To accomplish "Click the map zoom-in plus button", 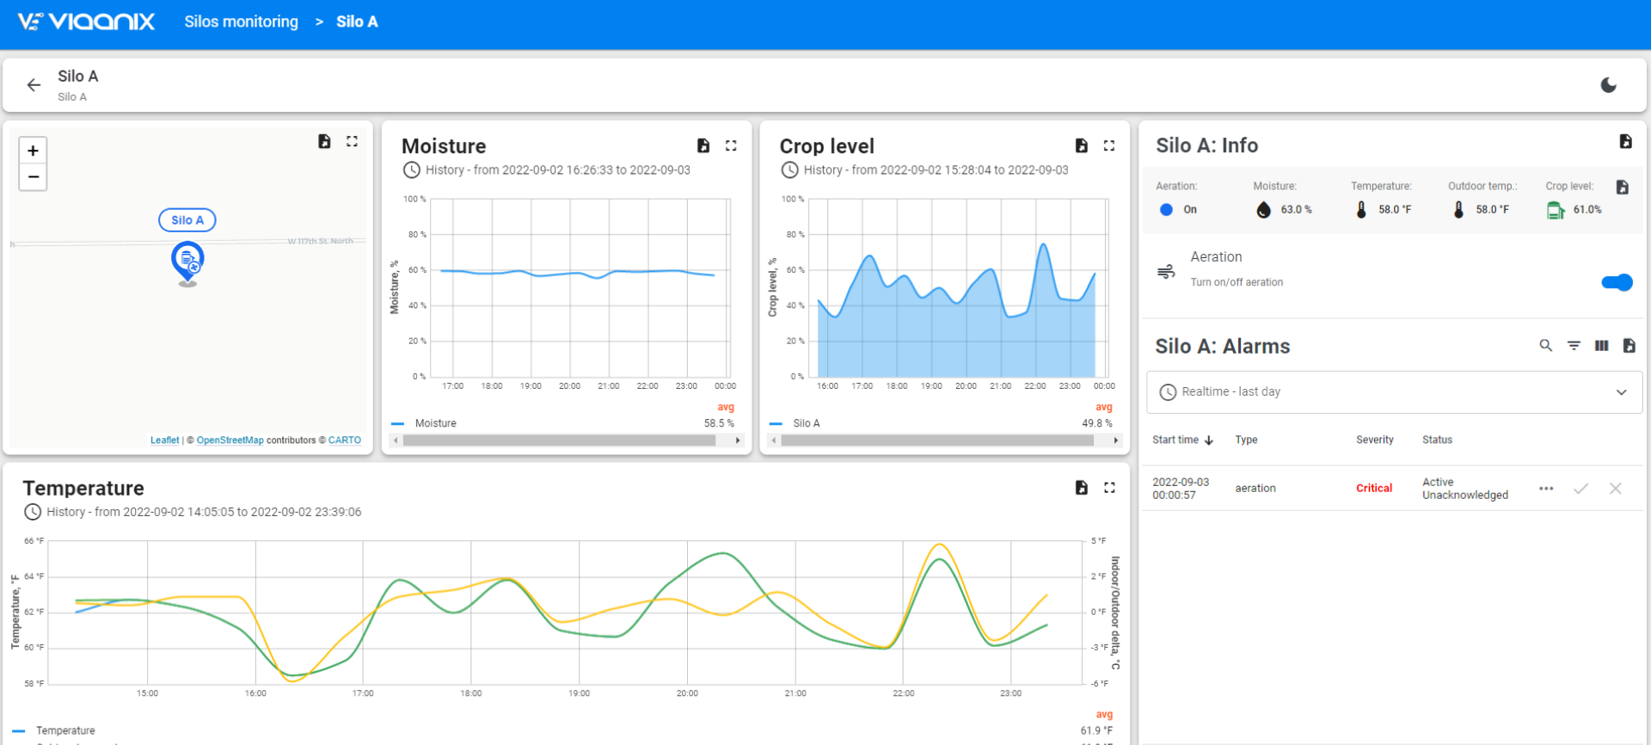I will (x=33, y=151).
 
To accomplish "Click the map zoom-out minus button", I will (x=33, y=177).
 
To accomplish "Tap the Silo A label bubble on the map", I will (x=187, y=220).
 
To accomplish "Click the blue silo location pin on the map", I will (x=187, y=261).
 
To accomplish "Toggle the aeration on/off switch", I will (x=1617, y=282).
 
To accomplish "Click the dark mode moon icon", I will (x=1609, y=85).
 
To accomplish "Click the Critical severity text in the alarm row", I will (x=1373, y=489).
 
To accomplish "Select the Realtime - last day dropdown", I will (x=1394, y=392).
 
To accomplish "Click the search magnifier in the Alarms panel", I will (x=1545, y=346).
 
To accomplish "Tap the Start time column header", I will (x=1175, y=440).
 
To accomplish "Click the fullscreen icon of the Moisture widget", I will (x=731, y=146).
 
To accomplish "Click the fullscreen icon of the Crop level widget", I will (x=1109, y=146).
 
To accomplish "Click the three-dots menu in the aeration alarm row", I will (x=1546, y=489).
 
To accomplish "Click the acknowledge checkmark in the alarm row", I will (x=1580, y=489).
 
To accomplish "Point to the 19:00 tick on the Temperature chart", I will (x=579, y=693).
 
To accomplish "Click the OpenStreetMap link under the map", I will (x=230, y=440).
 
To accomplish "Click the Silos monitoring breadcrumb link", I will (x=241, y=22).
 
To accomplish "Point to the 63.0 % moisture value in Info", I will (x=1296, y=210).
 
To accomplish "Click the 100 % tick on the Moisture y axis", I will (x=414, y=200).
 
